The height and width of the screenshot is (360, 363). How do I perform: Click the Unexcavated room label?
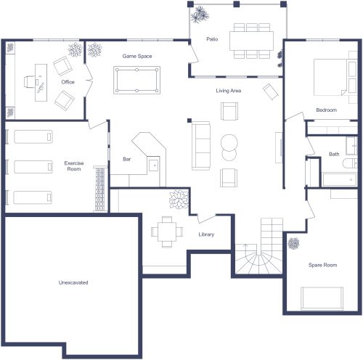pos(73,282)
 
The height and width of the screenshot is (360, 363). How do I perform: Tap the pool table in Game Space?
pos(136,79)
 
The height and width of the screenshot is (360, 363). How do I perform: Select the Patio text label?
pos(212,39)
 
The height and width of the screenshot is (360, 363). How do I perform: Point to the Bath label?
pos(334,154)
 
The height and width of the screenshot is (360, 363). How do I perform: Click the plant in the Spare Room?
pos(294,243)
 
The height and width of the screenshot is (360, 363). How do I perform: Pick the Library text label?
pos(206,234)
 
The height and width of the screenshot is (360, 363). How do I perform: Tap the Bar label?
pos(127,158)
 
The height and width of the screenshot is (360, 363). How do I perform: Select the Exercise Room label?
pos(73,166)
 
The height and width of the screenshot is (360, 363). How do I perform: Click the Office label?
pos(68,82)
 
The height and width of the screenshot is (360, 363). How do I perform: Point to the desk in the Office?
pos(39,78)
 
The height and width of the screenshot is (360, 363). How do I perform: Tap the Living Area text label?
pos(228,91)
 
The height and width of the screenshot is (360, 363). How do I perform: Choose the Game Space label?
pos(136,55)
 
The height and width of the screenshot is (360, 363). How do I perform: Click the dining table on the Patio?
pos(252,40)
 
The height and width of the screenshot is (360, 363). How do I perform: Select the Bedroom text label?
pos(326,110)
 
